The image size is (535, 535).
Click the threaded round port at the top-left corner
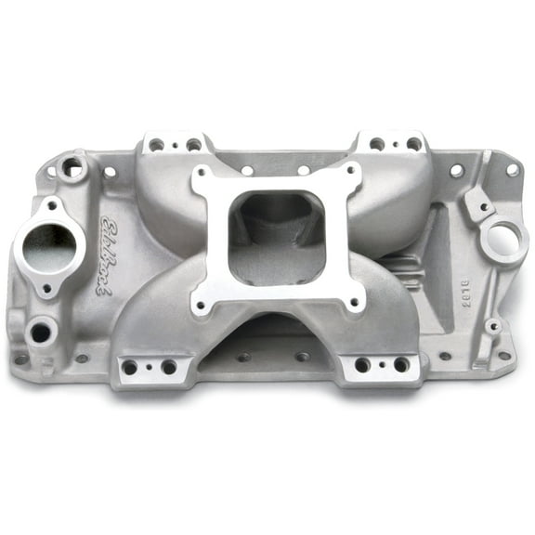tap(72, 168)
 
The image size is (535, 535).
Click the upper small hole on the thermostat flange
tap(52, 206)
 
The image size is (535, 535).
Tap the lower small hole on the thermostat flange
tap(46, 288)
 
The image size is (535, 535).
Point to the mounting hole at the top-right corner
tap(511, 170)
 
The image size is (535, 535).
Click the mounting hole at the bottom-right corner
tap(503, 354)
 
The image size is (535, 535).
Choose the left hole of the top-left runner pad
tap(156, 144)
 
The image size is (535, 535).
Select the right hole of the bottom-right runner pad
tap(401, 365)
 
